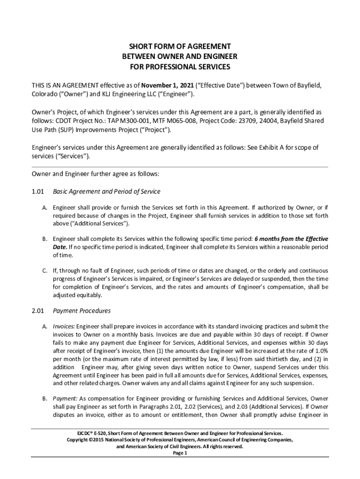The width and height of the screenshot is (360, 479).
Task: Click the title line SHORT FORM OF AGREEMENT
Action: click(x=180, y=46)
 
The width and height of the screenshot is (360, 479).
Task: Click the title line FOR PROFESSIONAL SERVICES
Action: click(x=180, y=67)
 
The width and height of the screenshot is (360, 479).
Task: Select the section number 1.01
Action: click(x=37, y=192)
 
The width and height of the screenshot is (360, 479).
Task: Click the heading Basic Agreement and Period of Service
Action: click(x=107, y=192)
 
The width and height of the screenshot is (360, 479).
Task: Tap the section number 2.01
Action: click(x=37, y=310)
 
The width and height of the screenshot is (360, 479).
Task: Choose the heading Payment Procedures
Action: click(x=82, y=310)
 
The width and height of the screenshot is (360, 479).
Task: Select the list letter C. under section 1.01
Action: click(x=44, y=271)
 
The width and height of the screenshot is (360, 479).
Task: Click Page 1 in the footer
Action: click(x=180, y=453)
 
